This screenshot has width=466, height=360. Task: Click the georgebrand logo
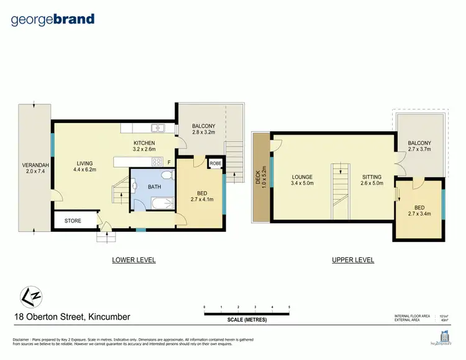click(53, 19)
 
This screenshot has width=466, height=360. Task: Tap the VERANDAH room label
click(35, 165)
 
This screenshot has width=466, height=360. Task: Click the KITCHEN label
click(144, 143)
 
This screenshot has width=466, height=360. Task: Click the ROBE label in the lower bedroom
click(216, 164)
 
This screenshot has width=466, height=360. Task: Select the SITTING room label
click(372, 176)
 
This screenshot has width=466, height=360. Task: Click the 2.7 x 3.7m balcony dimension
click(419, 150)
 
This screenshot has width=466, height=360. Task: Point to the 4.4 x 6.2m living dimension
click(85, 169)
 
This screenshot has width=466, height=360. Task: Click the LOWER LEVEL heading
click(134, 260)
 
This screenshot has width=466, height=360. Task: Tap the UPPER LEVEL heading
click(353, 260)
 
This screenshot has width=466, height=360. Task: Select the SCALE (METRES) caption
click(247, 320)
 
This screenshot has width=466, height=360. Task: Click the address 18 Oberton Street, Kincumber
click(72, 317)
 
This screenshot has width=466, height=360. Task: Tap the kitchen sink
click(158, 129)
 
